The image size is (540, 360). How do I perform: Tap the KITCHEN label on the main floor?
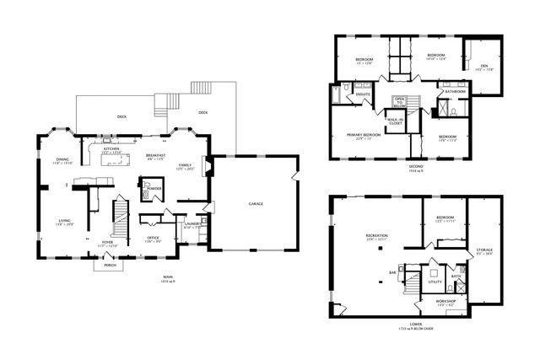coord(111,149)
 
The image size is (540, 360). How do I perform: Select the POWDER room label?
coord(154,187)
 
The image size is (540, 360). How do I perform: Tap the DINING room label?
coord(62,159)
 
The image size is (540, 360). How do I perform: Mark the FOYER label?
coord(108,242)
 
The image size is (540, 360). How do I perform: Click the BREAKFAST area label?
coord(154,156)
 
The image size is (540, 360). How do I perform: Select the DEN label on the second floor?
coord(483,67)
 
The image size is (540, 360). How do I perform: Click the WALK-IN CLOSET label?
coord(393,121)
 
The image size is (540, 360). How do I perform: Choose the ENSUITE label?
coord(364,94)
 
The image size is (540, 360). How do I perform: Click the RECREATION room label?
coord(376,235)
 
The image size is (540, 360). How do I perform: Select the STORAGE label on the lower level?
coord(484,250)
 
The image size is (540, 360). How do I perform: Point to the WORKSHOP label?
coord(445,300)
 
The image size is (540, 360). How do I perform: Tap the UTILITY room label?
coord(435,282)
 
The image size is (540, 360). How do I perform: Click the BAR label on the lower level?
coord(392,272)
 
